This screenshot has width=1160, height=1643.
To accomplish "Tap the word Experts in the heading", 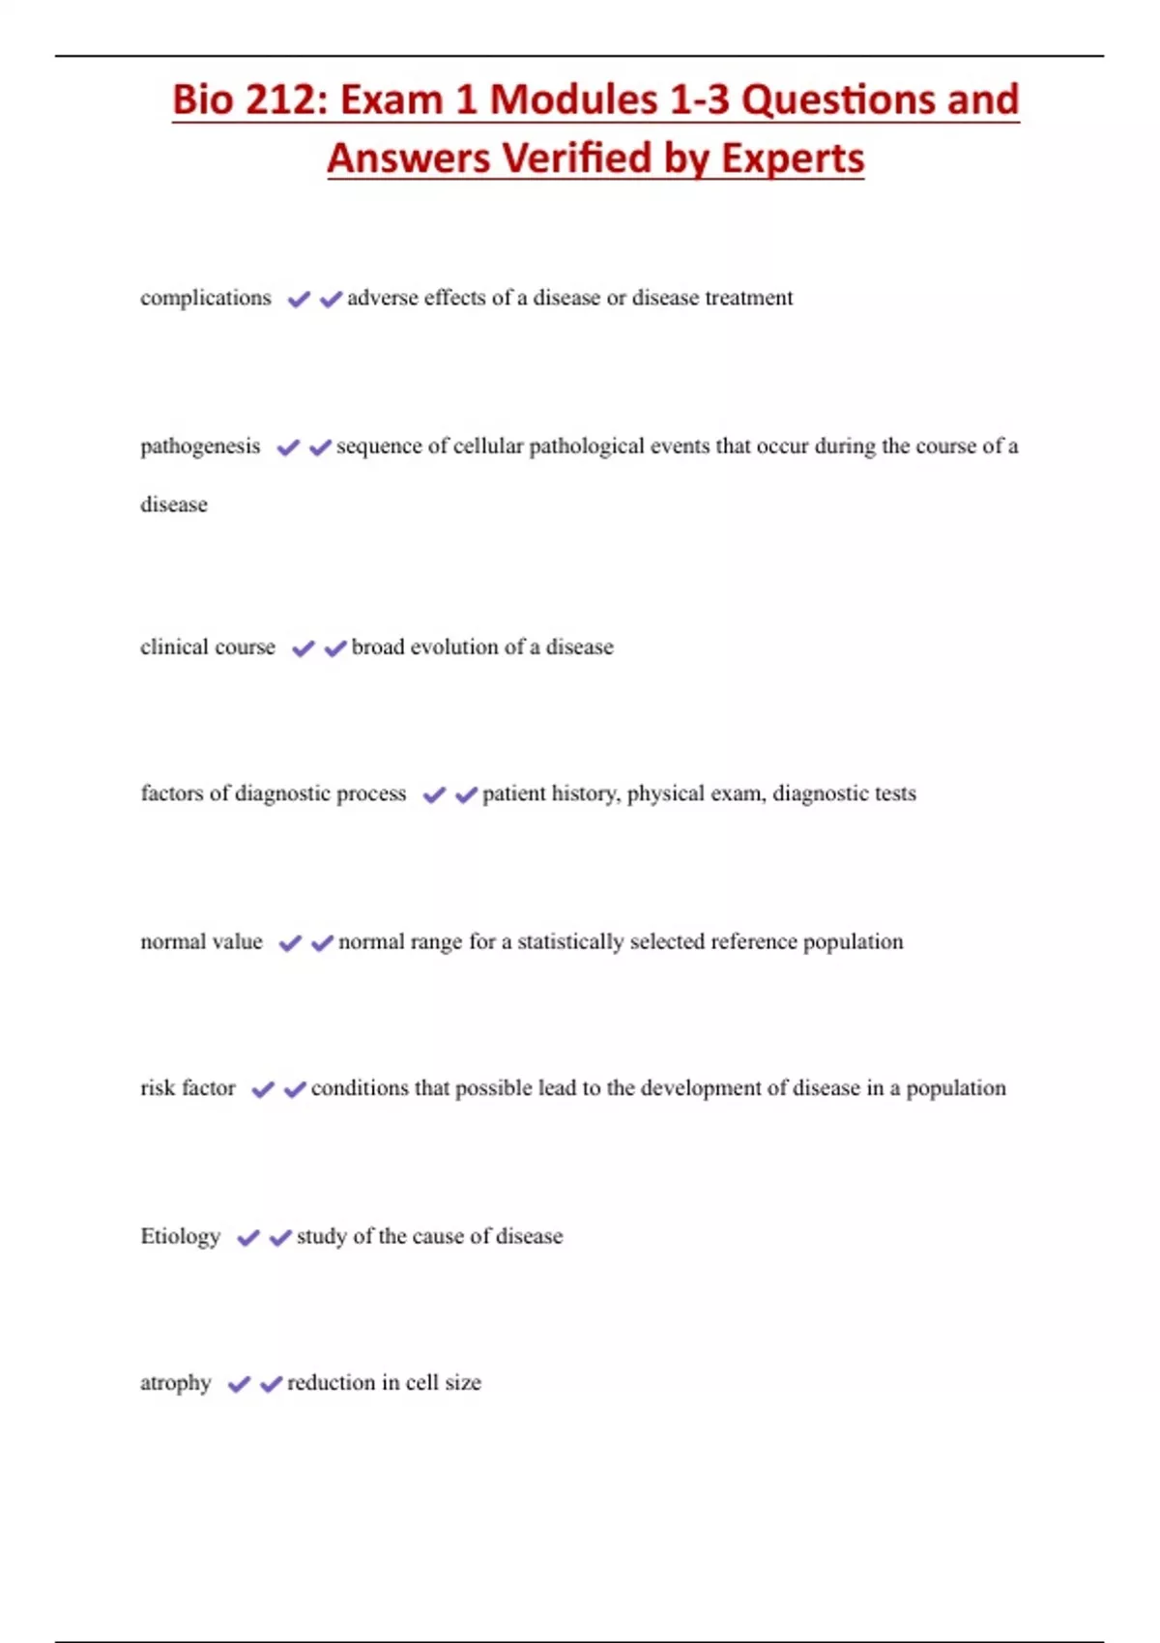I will click(793, 158).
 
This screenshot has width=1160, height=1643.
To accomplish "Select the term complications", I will click(206, 298).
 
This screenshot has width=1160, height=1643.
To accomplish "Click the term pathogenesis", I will click(200, 447).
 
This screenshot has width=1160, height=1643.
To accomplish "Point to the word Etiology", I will click(181, 1236).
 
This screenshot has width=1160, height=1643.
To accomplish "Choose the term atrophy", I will click(175, 1383).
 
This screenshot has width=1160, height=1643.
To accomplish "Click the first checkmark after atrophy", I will click(239, 1384).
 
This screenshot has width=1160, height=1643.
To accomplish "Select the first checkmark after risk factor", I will click(263, 1089).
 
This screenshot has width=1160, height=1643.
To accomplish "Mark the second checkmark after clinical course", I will click(335, 648).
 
